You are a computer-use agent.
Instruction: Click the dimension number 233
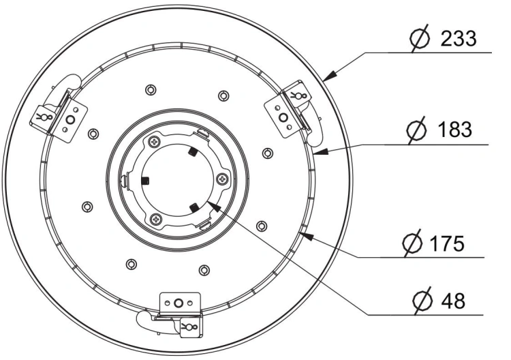pyautogui.click(x=459, y=38)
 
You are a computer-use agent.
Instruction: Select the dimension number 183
pyautogui.click(x=455, y=129)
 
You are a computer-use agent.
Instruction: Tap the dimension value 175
pyautogui.click(x=447, y=243)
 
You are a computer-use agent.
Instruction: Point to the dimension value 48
pyautogui.click(x=453, y=301)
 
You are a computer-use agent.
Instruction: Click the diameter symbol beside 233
pyautogui.click(x=420, y=39)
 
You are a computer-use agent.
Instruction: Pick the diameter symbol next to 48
pyautogui.click(x=422, y=301)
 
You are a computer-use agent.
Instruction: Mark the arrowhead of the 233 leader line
pyautogui.click(x=330, y=75)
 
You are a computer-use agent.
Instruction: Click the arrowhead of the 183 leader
pyautogui.click(x=320, y=151)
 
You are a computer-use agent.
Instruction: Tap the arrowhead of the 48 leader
pyautogui.click(x=213, y=206)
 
